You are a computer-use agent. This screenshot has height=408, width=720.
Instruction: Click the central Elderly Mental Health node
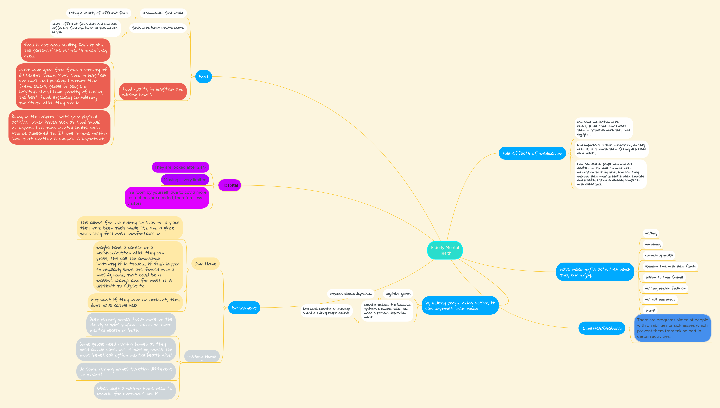tap(445, 250)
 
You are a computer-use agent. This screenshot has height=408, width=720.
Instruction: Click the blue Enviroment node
tap(244, 308)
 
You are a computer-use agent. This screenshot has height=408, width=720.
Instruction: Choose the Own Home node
tap(205, 264)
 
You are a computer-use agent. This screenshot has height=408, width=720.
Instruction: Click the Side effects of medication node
tap(532, 153)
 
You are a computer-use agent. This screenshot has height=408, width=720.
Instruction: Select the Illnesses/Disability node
tap(602, 328)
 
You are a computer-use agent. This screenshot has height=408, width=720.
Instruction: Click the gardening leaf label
tap(652, 244)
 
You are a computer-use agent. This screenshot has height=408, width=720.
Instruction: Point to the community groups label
tap(659, 255)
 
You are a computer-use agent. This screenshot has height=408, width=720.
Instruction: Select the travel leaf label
tap(650, 310)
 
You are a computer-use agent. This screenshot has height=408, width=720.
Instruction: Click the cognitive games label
tap(398, 294)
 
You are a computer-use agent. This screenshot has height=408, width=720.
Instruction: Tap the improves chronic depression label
tap(351, 294)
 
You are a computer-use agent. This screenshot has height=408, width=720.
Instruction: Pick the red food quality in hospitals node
tap(153, 92)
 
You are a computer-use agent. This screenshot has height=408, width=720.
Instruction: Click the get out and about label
tap(660, 299)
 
